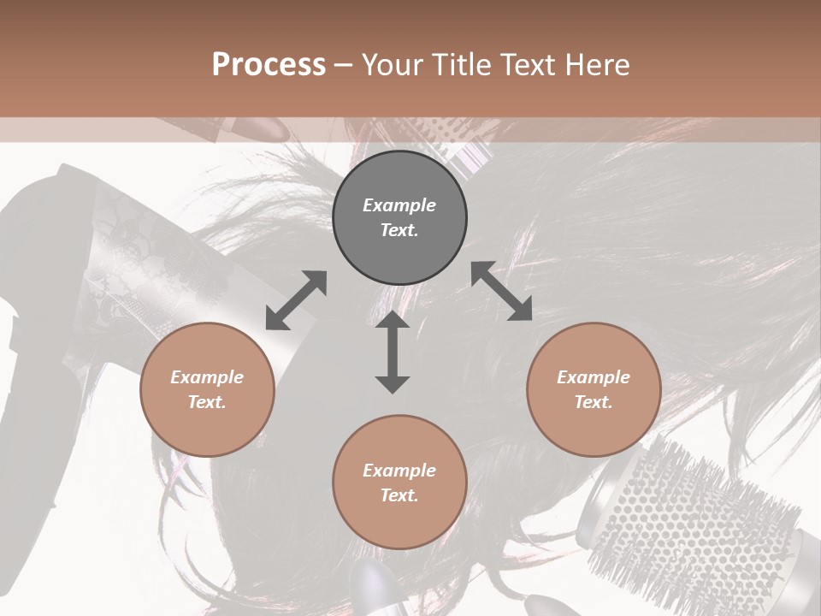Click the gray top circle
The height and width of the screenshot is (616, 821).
pyautogui.click(x=399, y=218)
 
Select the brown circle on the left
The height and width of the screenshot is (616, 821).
pyautogui.click(x=207, y=390)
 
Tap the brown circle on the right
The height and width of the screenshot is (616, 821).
pyautogui.click(x=594, y=390)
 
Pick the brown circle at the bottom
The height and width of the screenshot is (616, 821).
pyautogui.click(x=399, y=483)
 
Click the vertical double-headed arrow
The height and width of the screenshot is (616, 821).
pyautogui.click(x=393, y=352)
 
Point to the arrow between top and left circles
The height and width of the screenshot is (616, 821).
pyautogui.click(x=296, y=299)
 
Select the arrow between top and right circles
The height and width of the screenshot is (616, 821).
pyautogui.click(x=501, y=291)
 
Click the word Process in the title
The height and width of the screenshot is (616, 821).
pyautogui.click(x=269, y=64)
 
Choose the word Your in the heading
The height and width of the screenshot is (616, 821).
pyautogui.click(x=389, y=64)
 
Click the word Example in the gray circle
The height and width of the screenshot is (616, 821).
pyautogui.click(x=399, y=205)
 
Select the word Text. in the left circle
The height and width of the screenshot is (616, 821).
pyautogui.click(x=207, y=402)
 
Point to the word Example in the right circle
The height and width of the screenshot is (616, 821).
pyautogui.click(x=594, y=377)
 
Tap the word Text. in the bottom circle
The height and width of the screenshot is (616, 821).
pyautogui.click(x=399, y=495)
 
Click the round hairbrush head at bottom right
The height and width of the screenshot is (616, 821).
pyautogui.click(x=693, y=522)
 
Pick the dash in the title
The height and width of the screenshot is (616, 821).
pyautogui.click(x=344, y=65)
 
